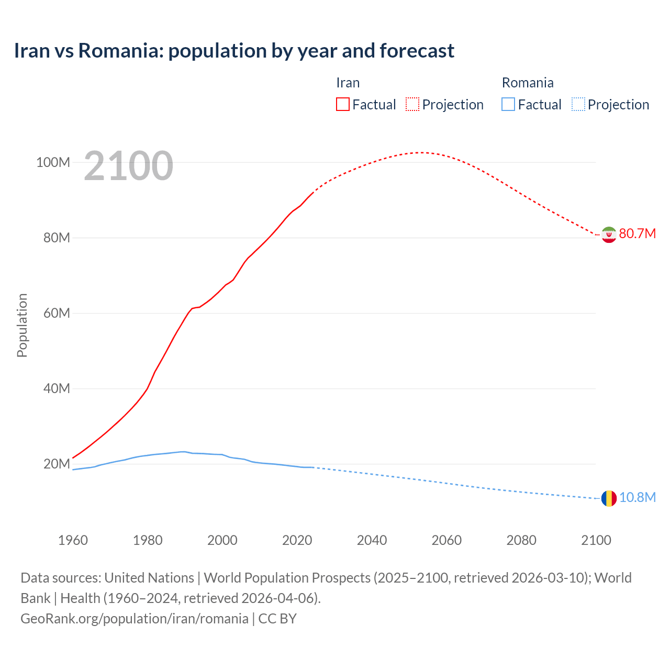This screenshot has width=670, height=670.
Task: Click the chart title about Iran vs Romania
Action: pos(234,51)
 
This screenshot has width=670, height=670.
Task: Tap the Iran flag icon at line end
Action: pos(609,234)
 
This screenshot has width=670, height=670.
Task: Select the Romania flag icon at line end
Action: pos(609,498)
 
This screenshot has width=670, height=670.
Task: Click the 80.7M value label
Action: pos(637,233)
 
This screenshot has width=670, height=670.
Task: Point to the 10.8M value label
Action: pos(637,497)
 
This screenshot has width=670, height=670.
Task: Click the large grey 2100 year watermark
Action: pos(128,166)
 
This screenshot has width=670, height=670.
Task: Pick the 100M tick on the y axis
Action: pos(53,162)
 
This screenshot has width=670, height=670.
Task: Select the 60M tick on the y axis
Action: pos(57,313)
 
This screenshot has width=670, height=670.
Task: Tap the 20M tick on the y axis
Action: pos(57,464)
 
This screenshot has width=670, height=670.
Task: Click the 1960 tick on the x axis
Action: pos(73,540)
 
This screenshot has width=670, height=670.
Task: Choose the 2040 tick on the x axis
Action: pos(372,540)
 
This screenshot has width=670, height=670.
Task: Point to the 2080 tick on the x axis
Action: pos(521,540)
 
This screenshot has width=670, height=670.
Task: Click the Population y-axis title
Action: pos(22,325)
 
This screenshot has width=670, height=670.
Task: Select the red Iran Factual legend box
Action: pos(343,105)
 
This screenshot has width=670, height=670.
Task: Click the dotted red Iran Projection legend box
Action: pos(412,105)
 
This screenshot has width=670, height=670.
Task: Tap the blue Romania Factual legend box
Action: pos(508,105)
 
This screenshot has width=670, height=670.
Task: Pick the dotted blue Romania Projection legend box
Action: pos(578,105)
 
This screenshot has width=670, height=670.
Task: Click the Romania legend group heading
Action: pos(528,83)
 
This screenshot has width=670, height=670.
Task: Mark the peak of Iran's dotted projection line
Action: pos(420,152)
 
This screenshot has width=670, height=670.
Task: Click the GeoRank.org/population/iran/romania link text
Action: pos(135,619)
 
